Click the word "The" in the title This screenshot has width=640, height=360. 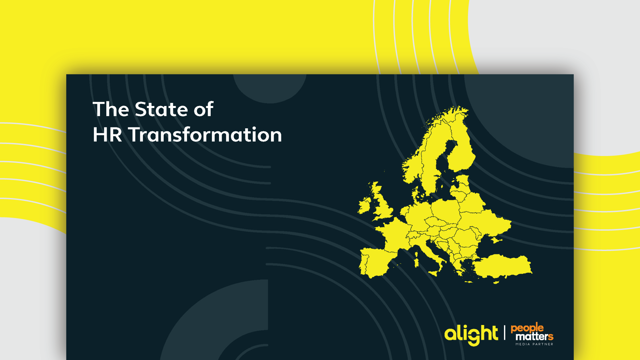pyautogui.click(x=111, y=109)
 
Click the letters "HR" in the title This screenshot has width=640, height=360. pyautogui.click(x=107, y=135)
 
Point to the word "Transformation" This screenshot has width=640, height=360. pyautogui.click(x=205, y=135)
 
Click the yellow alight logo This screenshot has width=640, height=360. pyautogui.click(x=471, y=335)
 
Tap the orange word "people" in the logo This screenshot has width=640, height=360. pyautogui.click(x=527, y=328)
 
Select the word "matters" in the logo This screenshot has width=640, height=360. pyautogui.click(x=534, y=336)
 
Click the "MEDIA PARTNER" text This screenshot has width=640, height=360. pyautogui.click(x=534, y=344)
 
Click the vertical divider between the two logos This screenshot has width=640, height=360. pyautogui.click(x=504, y=333)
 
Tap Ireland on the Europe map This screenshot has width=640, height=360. pyautogui.click(x=365, y=205)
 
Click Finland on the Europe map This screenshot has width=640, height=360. pyautogui.click(x=462, y=147)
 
